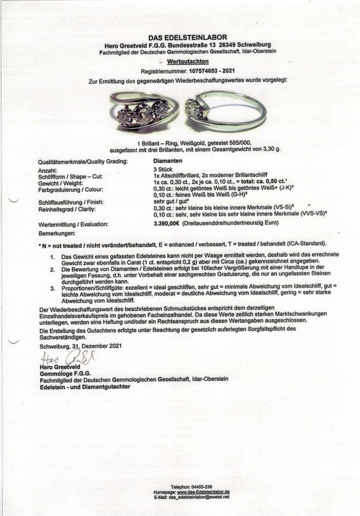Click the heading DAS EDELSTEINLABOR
pyautogui.click(x=188, y=37)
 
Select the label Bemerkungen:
pyautogui.click(x=57, y=234)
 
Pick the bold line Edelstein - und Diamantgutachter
pyautogui.click(x=84, y=386)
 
